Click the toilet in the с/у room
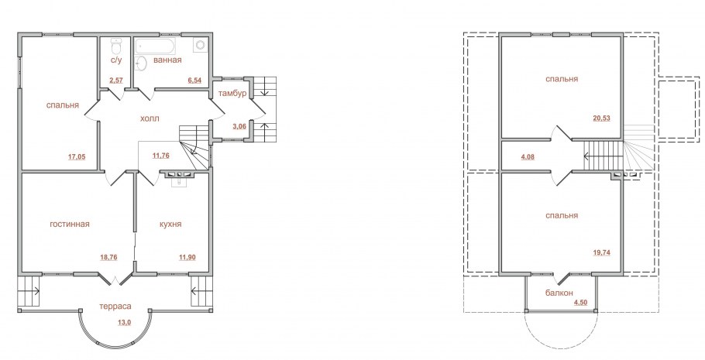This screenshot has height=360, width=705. point(116,46)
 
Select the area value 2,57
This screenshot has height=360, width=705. point(116,81)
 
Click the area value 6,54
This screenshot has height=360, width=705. point(194,81)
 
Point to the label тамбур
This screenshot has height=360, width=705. point(232,94)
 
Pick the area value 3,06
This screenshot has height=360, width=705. point(239,126)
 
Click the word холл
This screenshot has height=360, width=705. point(150,118)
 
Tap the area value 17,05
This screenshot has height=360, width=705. point(77,157)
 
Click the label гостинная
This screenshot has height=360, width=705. point(70,224)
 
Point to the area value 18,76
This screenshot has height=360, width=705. point(108,258)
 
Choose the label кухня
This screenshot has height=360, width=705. point(170,224)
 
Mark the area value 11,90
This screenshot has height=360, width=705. point(187,258)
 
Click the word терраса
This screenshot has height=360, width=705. point(115,306)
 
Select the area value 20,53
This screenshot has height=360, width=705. point(602,118)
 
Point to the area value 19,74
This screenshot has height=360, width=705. point(602,252)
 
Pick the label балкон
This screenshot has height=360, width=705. point(559,293)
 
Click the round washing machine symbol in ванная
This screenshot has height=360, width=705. point(200,45)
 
